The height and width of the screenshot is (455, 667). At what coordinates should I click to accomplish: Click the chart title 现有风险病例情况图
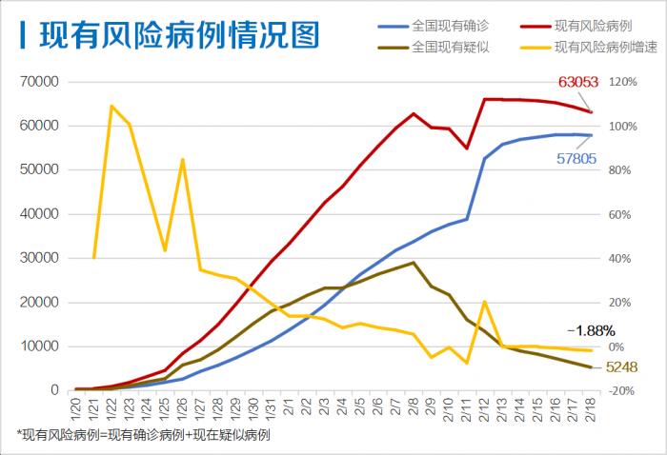click(179, 36)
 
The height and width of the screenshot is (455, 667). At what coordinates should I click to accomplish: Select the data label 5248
click(620, 367)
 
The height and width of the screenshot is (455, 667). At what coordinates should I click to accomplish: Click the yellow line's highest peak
click(111, 106)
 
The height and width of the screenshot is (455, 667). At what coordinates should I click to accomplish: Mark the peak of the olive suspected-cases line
click(413, 263)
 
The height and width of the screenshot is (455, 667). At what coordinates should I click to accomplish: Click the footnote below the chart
click(144, 434)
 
